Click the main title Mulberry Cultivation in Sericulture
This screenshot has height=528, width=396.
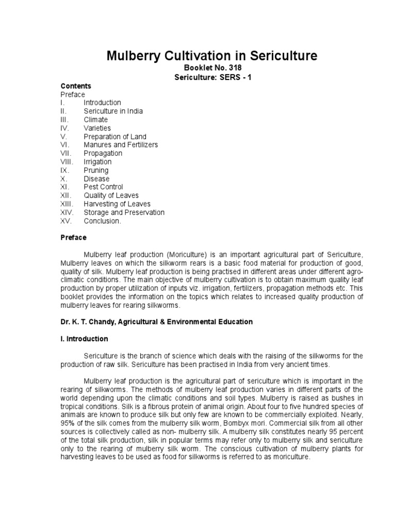click(212, 56)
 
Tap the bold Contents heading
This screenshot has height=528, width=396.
click(76, 86)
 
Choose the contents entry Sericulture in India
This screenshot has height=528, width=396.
click(113, 111)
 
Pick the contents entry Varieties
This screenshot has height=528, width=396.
click(97, 128)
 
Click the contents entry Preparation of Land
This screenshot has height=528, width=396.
click(115, 137)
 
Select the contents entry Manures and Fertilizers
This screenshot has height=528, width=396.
click(121, 145)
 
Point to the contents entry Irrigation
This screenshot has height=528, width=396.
click(97, 162)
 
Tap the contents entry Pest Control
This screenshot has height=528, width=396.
click(103, 187)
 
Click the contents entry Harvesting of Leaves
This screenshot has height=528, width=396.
click(116, 204)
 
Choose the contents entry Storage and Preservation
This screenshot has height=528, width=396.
click(124, 212)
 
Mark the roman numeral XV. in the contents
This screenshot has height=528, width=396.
click(67, 221)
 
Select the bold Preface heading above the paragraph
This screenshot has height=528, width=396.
click(74, 238)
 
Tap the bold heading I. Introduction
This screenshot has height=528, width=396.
click(85, 339)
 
